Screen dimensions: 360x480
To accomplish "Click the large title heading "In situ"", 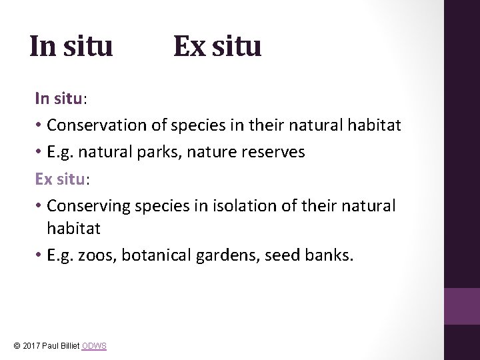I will [71, 47].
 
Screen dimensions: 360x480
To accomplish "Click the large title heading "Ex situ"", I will [217, 47].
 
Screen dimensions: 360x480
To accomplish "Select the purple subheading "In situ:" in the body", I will [61, 99].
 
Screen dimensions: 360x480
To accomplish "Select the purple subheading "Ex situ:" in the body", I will [61, 179].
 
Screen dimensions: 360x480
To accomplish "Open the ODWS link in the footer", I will [94, 346].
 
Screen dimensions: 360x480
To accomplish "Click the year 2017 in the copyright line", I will [31, 346].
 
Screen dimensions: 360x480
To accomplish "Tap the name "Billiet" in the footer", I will [69, 346].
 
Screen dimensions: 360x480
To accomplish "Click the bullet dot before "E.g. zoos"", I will [39, 255].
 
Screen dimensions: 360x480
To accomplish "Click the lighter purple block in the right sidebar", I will [461, 306].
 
